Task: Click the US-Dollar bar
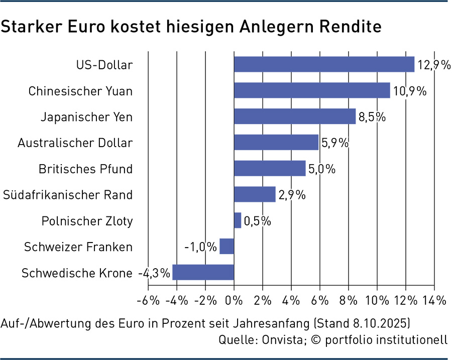pos(324,64)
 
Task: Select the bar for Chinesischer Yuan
pos(312,90)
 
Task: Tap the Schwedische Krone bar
pos(203,272)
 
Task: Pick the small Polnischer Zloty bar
pos(238,220)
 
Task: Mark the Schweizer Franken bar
pos(227,246)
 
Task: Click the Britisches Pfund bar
pos(270,168)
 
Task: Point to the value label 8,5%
pos(372,117)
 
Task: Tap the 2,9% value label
pos(291,195)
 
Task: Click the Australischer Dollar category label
pos(75,143)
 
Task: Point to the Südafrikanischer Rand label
pos(68,195)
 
